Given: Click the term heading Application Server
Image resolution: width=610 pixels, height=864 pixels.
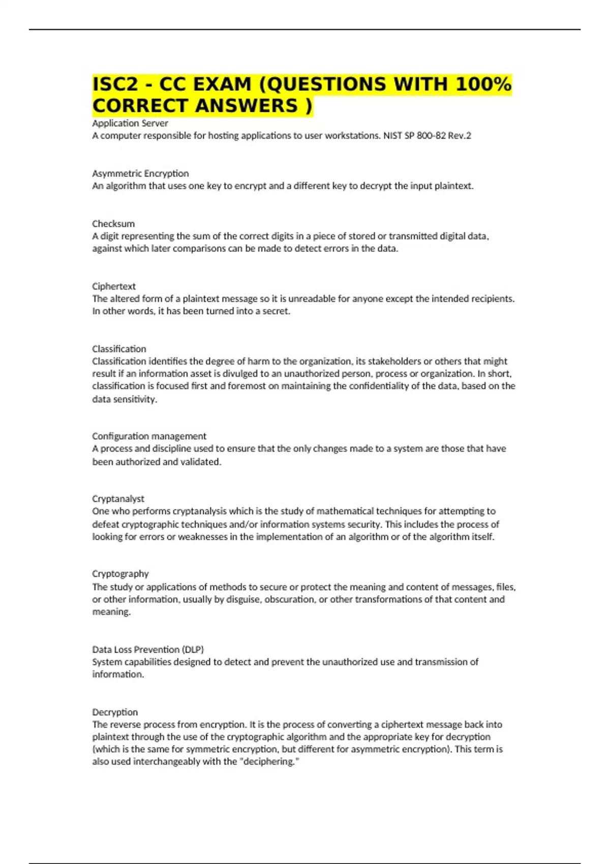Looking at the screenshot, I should click(x=130, y=123).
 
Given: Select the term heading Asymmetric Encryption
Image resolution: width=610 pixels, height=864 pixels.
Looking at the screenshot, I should click(x=140, y=173).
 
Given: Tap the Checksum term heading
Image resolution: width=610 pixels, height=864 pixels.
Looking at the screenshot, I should click(x=113, y=224).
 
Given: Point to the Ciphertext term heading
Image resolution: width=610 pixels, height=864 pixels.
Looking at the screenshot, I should click(x=114, y=286).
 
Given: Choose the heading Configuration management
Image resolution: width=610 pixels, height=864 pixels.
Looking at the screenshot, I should click(x=149, y=436).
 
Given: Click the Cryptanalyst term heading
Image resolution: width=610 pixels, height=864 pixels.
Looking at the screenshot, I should click(x=118, y=499).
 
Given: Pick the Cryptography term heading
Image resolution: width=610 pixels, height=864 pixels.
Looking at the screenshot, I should click(x=120, y=574).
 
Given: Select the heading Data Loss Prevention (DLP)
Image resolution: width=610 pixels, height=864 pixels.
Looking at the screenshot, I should click(x=148, y=650).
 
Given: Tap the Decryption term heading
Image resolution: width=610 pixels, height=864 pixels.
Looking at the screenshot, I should click(x=115, y=712).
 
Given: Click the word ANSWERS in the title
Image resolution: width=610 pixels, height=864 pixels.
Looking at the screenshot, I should click(x=247, y=106).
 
